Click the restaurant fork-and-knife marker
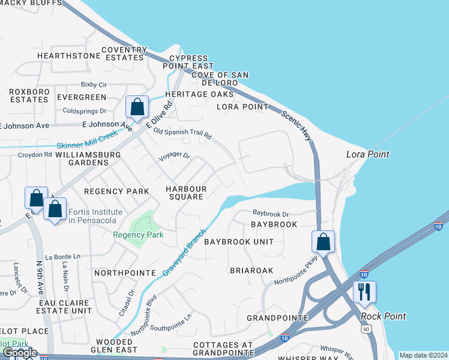[x=364, y=292]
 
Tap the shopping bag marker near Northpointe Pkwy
[x=323, y=242]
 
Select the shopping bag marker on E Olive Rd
[x=137, y=107]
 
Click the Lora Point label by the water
[x=367, y=154]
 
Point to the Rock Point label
[x=383, y=316]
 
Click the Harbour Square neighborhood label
[x=186, y=193]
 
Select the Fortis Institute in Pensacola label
[x=95, y=216]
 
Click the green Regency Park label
[x=138, y=235]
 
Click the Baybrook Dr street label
[x=271, y=213]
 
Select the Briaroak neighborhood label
[x=252, y=271]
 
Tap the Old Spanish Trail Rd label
[x=182, y=133]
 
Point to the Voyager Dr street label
[x=173, y=157]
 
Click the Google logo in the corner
[x=20, y=353]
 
